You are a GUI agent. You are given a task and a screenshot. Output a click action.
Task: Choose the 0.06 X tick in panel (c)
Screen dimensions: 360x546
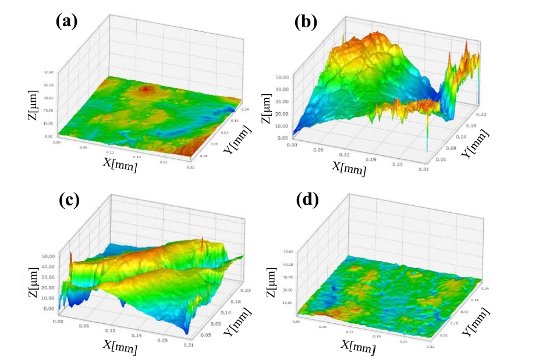pyautogui.click(x=86, y=327)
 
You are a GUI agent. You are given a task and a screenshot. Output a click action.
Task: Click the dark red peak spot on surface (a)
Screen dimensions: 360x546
pyautogui.click(x=146, y=89)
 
